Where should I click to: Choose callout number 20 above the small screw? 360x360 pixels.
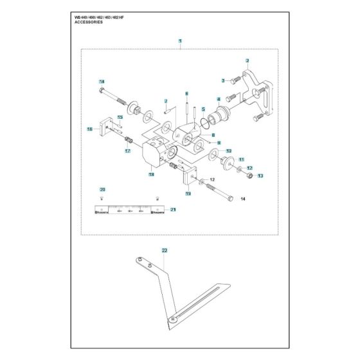[x=102, y=189]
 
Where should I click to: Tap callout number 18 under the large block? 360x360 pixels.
[x=152, y=174]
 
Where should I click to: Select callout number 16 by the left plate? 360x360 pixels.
[x=89, y=129]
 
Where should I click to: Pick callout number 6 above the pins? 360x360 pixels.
[x=186, y=94]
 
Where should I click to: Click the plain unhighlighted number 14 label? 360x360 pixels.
[x=243, y=199]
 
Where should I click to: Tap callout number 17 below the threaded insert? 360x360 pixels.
[x=127, y=151]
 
